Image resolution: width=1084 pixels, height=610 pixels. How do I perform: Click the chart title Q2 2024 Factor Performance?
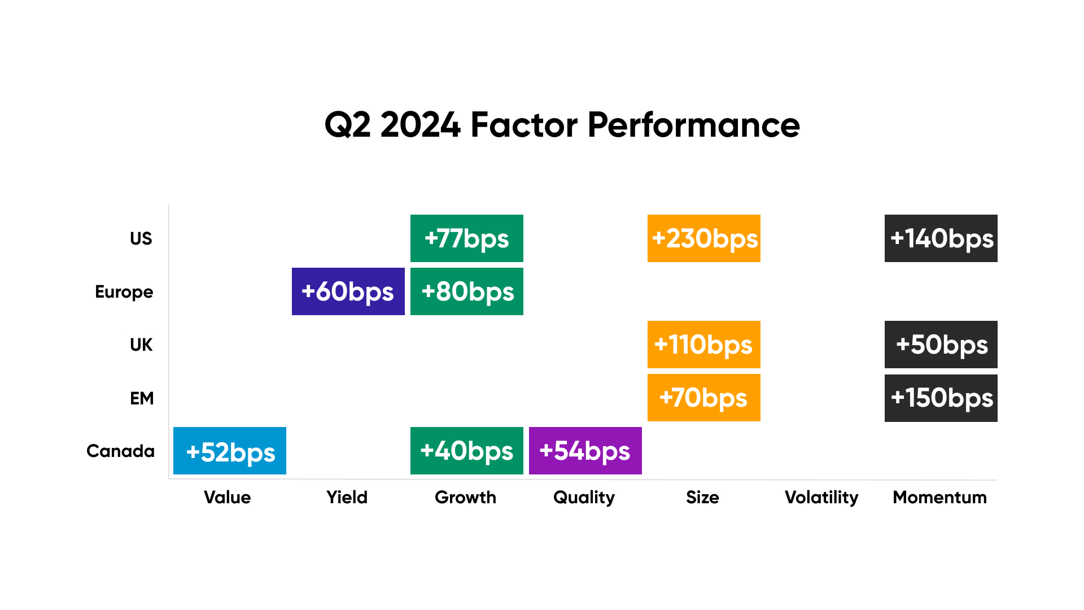point(562,125)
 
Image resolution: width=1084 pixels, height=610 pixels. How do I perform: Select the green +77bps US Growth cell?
point(467,238)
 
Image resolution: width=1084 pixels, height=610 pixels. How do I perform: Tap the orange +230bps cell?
point(704,238)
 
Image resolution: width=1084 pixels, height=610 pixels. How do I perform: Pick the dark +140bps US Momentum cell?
point(941,238)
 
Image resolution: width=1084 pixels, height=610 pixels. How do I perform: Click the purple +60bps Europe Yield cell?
point(348,291)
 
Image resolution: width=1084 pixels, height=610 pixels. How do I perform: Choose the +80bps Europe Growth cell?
point(467,291)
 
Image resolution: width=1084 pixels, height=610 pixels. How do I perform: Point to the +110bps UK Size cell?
point(704,345)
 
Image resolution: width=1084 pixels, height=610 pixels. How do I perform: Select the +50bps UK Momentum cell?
point(941,345)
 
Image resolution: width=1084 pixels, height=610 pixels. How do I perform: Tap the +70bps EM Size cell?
point(704,398)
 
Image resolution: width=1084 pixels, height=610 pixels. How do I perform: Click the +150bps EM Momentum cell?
point(941,398)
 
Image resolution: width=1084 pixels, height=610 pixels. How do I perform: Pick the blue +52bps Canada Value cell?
point(230,451)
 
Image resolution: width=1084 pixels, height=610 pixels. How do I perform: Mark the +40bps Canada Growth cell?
point(467,451)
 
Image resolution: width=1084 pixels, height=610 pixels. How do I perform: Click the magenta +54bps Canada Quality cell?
point(585,451)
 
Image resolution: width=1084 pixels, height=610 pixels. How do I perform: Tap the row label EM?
point(142,398)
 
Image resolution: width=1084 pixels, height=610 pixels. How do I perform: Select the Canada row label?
point(120,451)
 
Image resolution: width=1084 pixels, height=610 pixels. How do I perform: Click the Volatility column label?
point(821,498)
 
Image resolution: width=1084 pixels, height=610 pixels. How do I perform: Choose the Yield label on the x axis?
point(347,497)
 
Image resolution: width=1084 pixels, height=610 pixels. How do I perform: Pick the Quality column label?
point(584,498)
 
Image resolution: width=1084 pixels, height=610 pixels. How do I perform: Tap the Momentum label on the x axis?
point(940,497)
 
